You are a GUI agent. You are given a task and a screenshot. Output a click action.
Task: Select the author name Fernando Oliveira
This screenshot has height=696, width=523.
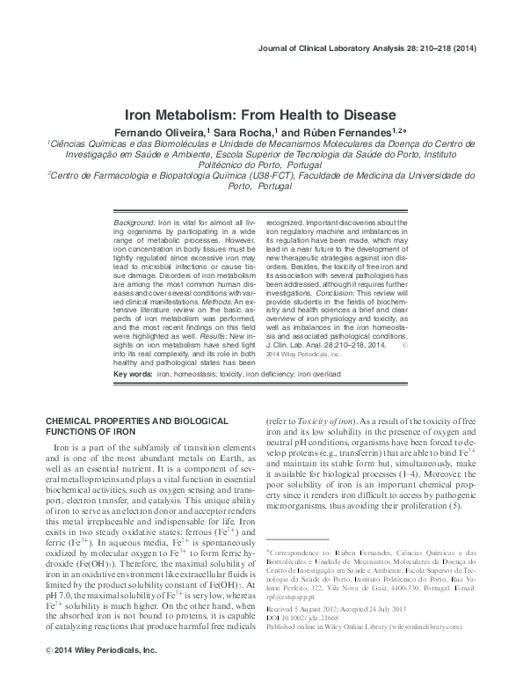(163, 131)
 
